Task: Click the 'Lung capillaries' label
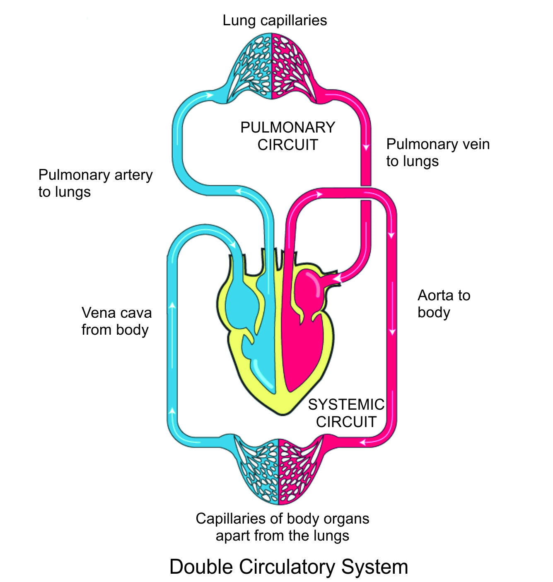pyautogui.click(x=275, y=20)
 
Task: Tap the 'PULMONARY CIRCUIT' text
pyautogui.click(x=287, y=136)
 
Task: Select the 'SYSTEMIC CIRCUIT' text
pyautogui.click(x=346, y=413)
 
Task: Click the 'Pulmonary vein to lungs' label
pyautogui.click(x=437, y=152)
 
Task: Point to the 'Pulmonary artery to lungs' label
pyautogui.click(x=95, y=183)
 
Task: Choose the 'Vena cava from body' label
pyautogui.click(x=116, y=321)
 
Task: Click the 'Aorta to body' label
pyautogui.click(x=444, y=304)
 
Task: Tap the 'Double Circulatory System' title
pyautogui.click(x=289, y=567)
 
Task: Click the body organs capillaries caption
pyautogui.click(x=282, y=527)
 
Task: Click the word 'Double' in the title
pyautogui.click(x=197, y=567)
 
